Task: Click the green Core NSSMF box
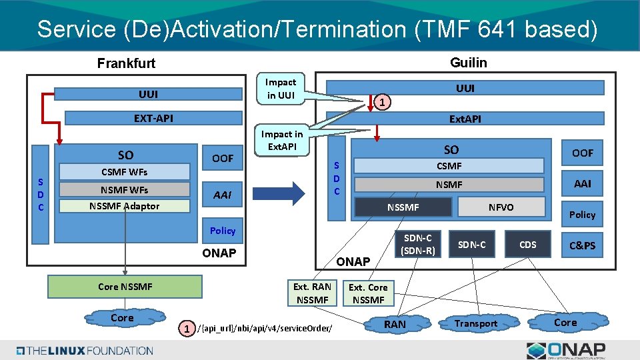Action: coord(125,287)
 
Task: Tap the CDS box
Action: coord(527,245)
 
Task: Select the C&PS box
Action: coord(582,245)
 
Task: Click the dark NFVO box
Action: coord(501,207)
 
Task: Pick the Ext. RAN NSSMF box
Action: coord(312,293)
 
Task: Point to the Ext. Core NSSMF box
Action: coord(368,293)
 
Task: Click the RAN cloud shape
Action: coord(395,324)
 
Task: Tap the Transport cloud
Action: coord(475,324)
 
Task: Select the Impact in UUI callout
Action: coord(281,89)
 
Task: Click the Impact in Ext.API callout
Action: coord(281,140)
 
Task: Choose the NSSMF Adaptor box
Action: coord(124,206)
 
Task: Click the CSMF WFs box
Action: coord(124,171)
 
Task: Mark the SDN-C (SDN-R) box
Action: coord(418,245)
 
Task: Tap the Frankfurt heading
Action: coord(126,63)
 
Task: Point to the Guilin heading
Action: coord(468,63)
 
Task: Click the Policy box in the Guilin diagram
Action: coord(582,214)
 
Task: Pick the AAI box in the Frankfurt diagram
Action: coord(222,195)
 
